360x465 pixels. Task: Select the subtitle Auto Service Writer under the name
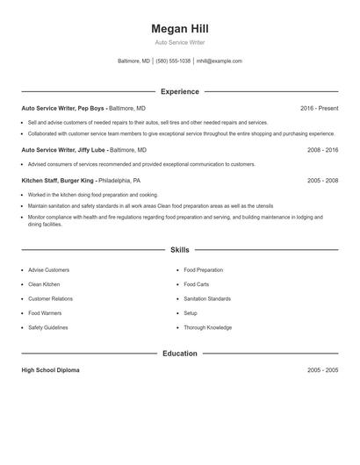[179, 42]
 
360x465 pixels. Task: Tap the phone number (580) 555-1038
[174, 61]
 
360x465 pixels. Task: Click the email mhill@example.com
[220, 61]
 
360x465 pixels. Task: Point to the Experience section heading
[179, 91]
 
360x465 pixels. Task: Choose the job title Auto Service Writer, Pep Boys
[62, 108]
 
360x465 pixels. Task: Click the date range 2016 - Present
[319, 108]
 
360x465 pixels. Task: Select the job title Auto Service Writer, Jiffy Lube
[62, 150]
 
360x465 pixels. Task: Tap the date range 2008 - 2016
[322, 150]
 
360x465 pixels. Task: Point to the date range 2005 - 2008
[322, 180]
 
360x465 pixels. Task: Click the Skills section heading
[179, 250]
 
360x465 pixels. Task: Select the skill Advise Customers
[48, 270]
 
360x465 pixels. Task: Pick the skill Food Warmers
[45, 313]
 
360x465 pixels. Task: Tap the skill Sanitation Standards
[207, 299]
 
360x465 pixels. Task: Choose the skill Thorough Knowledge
[207, 327]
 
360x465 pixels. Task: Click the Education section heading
[179, 354]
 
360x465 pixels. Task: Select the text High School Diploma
[50, 370]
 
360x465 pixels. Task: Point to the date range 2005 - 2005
[322, 370]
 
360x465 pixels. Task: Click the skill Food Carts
[196, 284]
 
